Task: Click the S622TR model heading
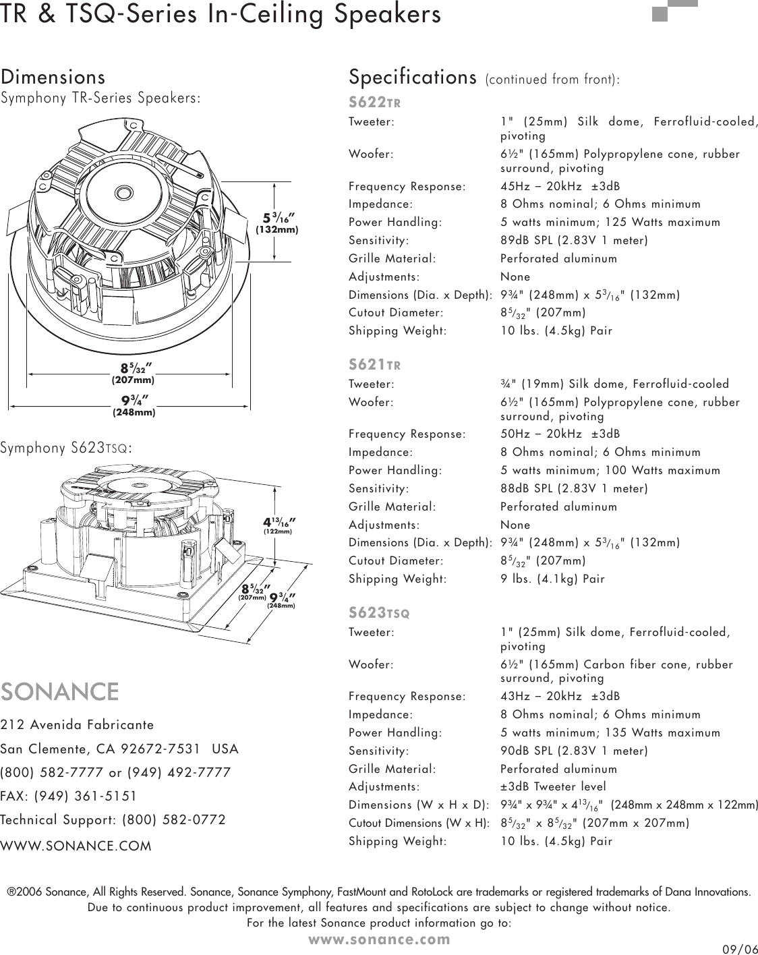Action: tap(375, 103)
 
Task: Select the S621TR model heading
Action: tap(375, 365)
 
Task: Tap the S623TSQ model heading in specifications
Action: tap(379, 613)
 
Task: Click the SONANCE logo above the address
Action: tap(60, 692)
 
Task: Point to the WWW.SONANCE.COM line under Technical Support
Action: tap(76, 845)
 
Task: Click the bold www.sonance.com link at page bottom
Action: tap(379, 938)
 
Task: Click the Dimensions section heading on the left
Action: tap(53, 77)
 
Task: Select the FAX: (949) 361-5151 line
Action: tap(69, 796)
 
